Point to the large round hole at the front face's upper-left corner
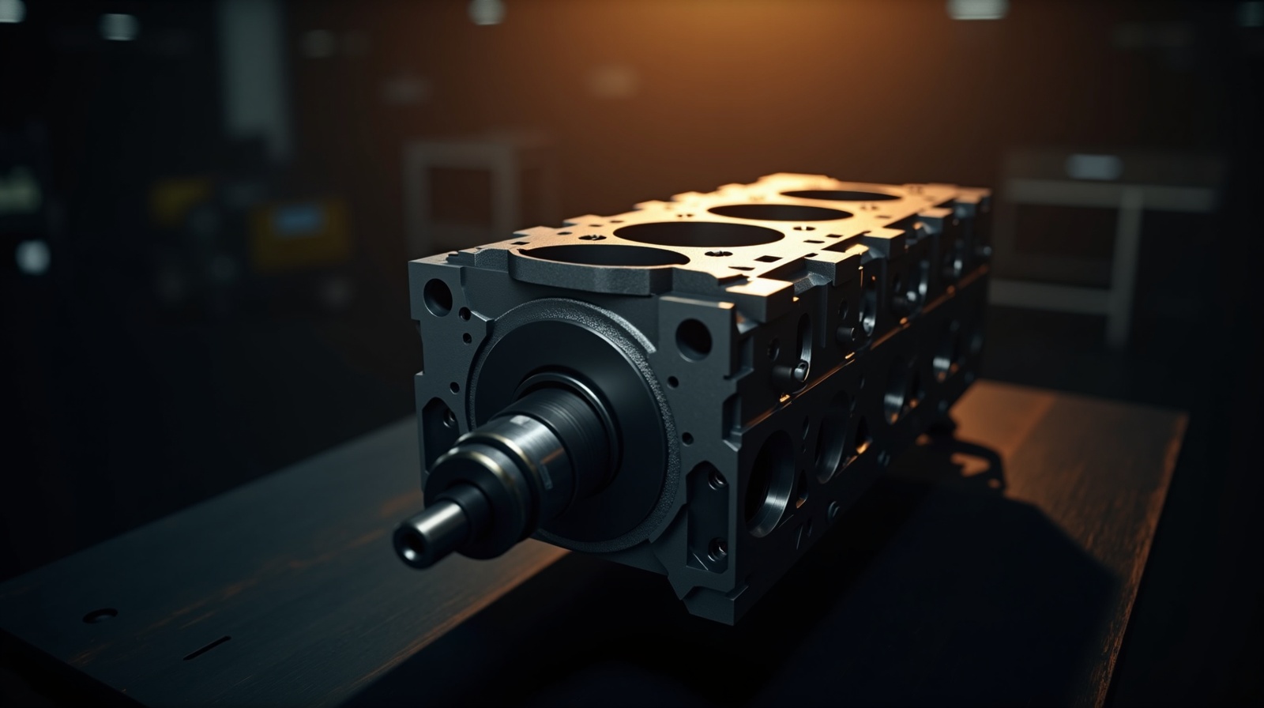pyautogui.click(x=438, y=296)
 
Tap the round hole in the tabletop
pyautogui.click(x=100, y=615)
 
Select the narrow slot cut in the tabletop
pyautogui.click(x=207, y=648)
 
